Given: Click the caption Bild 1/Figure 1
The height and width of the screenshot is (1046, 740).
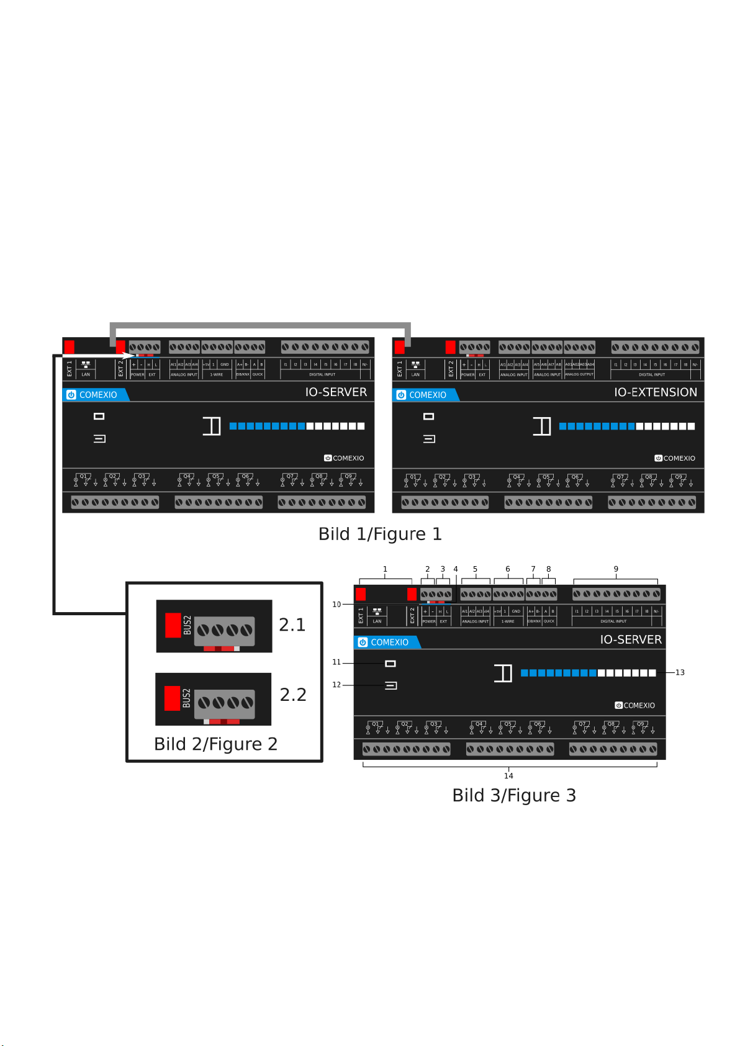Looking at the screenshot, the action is pos(380,534).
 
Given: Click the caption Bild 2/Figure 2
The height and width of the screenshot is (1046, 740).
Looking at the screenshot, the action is pos(215,744).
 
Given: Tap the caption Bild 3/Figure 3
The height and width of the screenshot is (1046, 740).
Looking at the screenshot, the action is pos(514,796).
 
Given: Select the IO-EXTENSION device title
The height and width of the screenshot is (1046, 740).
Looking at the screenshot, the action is pos(656,392).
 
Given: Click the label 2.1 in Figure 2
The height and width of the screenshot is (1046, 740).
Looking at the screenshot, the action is pos(292,625).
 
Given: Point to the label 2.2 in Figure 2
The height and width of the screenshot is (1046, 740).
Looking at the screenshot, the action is pos(293,695).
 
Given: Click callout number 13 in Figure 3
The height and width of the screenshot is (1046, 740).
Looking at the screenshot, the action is pos(680,673).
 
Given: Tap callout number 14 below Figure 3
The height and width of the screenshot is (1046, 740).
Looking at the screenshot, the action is pos(508,776).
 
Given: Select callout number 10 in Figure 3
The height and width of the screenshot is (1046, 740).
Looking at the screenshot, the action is pos(336,605).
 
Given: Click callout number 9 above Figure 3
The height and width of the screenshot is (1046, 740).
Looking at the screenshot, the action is pos(616,569).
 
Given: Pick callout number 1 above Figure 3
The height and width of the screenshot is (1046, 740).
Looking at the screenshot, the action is pos(385,569).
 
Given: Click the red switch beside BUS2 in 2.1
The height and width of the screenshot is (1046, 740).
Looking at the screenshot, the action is pos(173,625).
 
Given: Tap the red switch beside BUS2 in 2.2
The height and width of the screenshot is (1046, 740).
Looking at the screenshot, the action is pos(172,698).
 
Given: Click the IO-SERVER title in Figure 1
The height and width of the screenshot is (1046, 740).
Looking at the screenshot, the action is pos(336,392).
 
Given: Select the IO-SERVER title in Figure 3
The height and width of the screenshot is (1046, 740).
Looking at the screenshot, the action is pos(631,640).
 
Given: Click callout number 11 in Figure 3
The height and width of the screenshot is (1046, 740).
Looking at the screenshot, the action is pos(336,662).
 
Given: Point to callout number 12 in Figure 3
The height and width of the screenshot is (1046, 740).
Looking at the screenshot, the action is pos(336,685).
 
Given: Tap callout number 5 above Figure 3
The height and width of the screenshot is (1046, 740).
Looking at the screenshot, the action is pos(475,569).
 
